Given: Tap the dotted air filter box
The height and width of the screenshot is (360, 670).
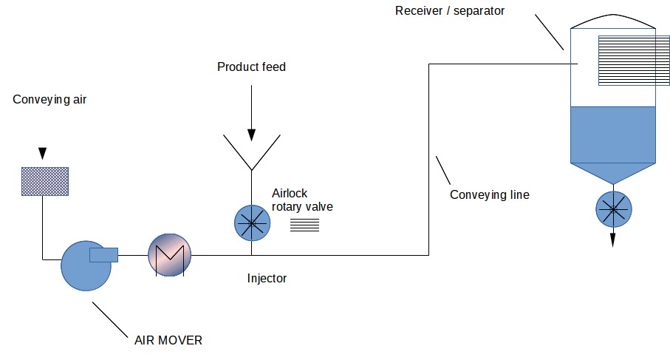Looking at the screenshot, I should pyautogui.click(x=44, y=181).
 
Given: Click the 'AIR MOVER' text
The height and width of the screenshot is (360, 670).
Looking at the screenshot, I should pyautogui.click(x=168, y=340).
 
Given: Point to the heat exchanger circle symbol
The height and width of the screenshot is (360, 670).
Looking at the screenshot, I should pyautogui.click(x=169, y=256).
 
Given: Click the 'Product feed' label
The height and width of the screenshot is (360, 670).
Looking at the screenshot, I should pyautogui.click(x=251, y=67).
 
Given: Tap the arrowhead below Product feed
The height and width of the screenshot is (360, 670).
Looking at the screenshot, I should pyautogui.click(x=251, y=135).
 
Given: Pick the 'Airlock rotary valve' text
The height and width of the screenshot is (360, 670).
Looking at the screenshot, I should pyautogui.click(x=301, y=200).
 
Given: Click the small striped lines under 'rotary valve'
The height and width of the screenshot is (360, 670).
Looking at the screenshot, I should pyautogui.click(x=304, y=225).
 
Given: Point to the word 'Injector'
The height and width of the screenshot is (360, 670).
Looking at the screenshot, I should pyautogui.click(x=267, y=279).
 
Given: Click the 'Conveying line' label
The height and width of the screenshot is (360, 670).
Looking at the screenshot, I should pyautogui.click(x=489, y=195).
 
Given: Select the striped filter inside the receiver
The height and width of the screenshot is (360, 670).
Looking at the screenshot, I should pyautogui.click(x=626, y=61).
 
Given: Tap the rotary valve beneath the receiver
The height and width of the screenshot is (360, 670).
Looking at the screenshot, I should pyautogui.click(x=613, y=209).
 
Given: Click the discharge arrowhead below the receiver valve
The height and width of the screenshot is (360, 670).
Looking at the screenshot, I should pyautogui.click(x=613, y=240).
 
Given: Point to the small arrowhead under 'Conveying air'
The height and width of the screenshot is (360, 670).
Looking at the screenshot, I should pyautogui.click(x=42, y=154).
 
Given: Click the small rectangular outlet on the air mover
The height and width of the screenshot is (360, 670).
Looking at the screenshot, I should pyautogui.click(x=103, y=255).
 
